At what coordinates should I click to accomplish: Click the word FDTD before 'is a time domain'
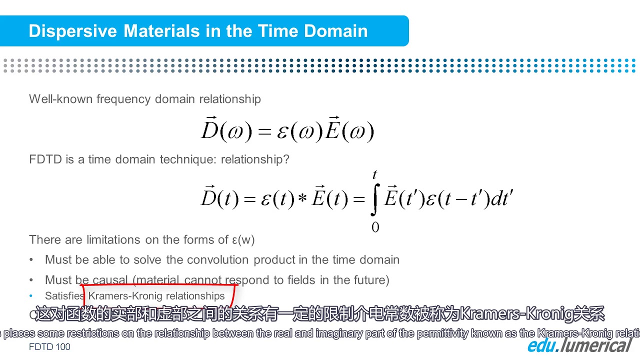[45, 159]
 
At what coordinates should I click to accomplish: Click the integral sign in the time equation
[375, 199]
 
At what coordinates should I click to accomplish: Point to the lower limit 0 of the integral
[375, 227]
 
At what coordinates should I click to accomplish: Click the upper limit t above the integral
[374, 174]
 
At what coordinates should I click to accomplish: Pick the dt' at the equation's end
[502, 199]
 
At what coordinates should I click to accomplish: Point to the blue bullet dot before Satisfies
[31, 296]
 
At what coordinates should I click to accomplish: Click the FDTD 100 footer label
[49, 347]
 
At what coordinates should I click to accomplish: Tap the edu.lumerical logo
[580, 345]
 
